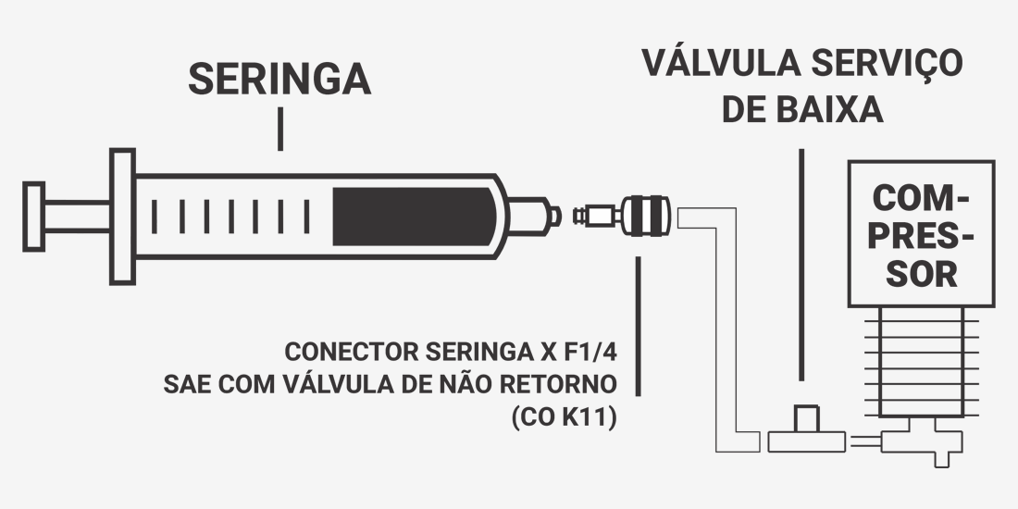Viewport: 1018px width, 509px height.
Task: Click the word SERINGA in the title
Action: [x=279, y=80]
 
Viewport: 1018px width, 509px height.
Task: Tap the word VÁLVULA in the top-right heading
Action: [x=721, y=63]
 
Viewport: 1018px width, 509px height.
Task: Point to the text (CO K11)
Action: [x=564, y=417]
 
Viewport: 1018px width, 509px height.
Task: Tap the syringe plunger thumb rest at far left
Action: [x=33, y=217]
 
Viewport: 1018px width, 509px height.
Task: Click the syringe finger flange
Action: [x=122, y=217]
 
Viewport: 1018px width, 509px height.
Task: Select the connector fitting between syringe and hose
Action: [x=622, y=216]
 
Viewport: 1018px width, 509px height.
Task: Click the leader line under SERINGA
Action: [x=279, y=129]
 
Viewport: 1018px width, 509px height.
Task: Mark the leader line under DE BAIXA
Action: [x=801, y=265]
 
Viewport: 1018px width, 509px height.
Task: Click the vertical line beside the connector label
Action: [x=639, y=326]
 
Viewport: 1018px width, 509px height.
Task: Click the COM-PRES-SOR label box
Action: [x=921, y=234]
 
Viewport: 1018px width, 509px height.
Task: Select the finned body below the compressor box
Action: [x=921, y=362]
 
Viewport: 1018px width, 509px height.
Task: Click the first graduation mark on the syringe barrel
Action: [x=154, y=217]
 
